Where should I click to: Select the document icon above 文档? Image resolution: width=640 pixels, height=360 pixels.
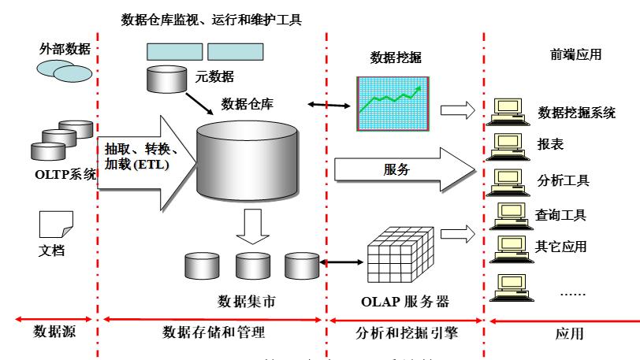(56, 225)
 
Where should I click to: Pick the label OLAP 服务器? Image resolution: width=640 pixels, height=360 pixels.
(404, 301)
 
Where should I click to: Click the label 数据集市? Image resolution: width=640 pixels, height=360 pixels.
(247, 301)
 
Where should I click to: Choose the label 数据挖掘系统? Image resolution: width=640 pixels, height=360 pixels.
(577, 112)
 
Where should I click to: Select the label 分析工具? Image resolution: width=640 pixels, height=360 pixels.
(563, 180)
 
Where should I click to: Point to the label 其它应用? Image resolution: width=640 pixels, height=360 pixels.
(563, 246)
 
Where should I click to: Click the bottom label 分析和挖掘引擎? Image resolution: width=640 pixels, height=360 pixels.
(405, 333)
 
